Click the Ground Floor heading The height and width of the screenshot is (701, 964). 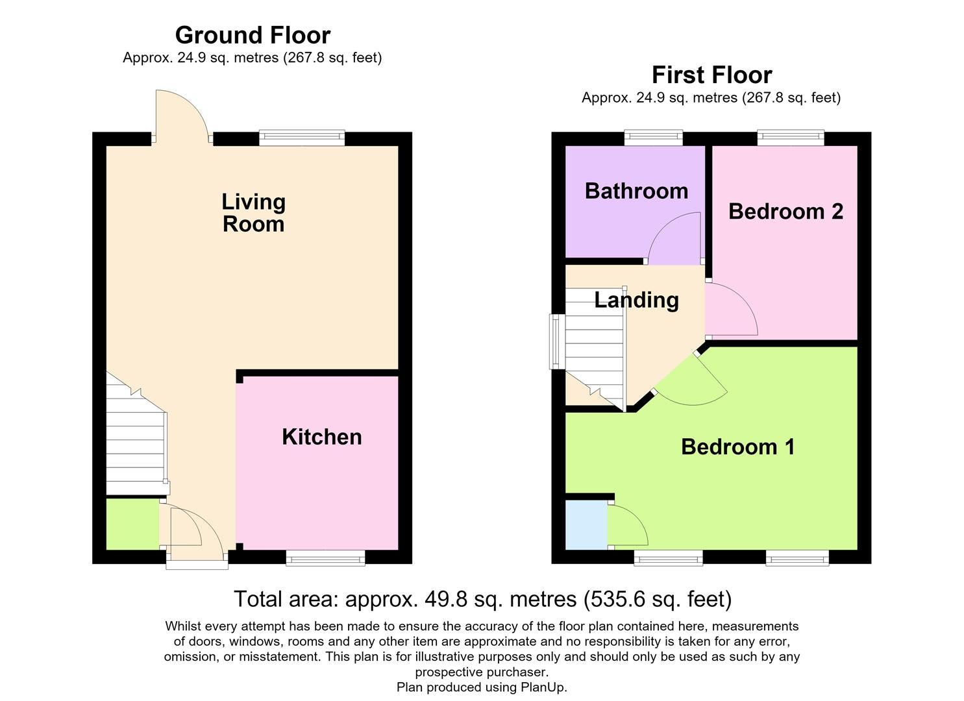point(253,35)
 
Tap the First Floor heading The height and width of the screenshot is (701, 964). point(712,75)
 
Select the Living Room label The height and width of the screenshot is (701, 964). point(253,213)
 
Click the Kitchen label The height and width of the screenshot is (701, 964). point(322,437)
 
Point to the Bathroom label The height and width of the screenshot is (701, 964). point(636,191)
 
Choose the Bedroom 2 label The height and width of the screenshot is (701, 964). point(786,212)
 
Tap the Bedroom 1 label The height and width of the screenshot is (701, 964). point(737,447)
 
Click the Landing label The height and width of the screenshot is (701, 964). point(636,301)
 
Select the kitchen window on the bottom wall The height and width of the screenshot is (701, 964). point(326,558)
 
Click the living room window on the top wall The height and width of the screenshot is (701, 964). point(302,138)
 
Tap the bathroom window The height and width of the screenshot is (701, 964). point(653,137)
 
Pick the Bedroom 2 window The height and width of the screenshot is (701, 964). point(791,137)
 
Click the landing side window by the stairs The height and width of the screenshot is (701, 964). point(558,341)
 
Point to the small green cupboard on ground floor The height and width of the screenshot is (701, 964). point(132,524)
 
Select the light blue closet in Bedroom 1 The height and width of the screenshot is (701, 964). point(587,525)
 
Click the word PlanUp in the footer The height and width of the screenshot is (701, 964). point(543,687)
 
